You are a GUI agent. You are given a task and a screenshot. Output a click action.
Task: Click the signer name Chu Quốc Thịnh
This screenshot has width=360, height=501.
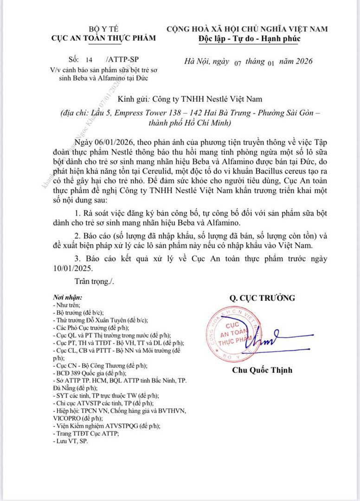pos(262,370)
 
